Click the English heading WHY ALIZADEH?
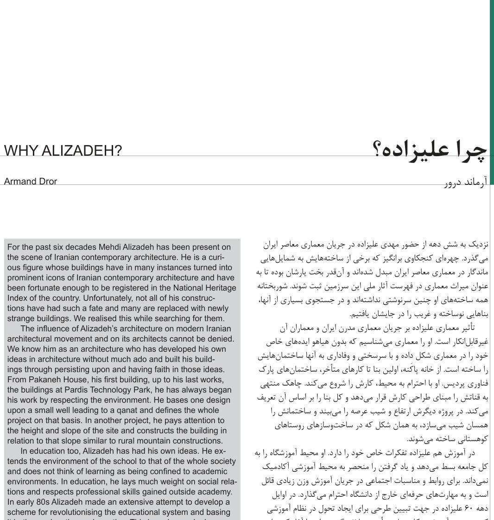[x=63, y=151]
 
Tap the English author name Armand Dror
[x=31, y=182]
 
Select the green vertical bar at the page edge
[x=492, y=93]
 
